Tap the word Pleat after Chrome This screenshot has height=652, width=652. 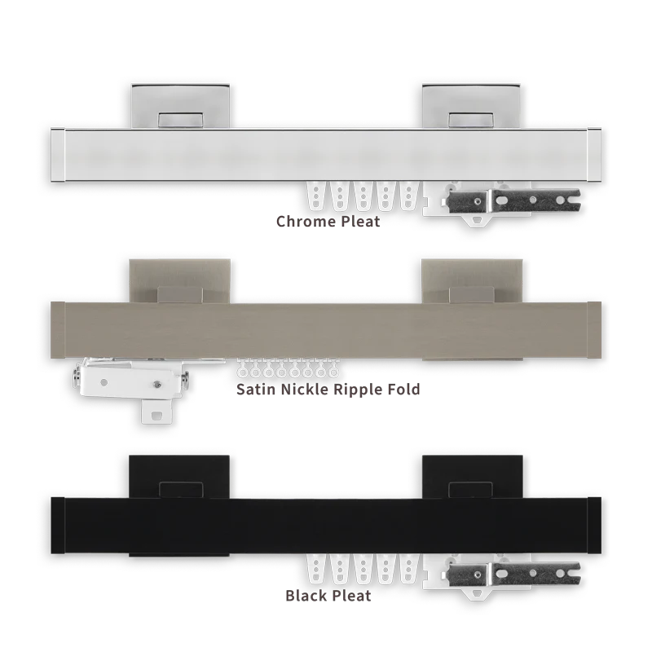tap(360, 221)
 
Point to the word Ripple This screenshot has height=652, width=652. tap(358, 390)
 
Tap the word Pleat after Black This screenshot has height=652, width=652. tap(351, 596)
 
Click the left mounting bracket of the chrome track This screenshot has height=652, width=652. tap(180, 106)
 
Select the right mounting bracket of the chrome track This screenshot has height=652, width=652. tap(471, 106)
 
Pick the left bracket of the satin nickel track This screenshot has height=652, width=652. tap(179, 281)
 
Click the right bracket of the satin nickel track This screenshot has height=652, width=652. tap(473, 281)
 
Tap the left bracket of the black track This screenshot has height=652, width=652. tap(179, 477)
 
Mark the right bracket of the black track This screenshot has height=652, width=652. tap(473, 477)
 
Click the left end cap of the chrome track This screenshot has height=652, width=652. tap(58, 155)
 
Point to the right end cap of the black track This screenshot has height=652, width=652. tap(594, 525)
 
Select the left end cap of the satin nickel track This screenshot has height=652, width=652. tap(58, 330)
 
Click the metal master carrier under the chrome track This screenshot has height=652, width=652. tap(513, 200)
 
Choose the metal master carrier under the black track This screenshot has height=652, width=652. tap(513, 575)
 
